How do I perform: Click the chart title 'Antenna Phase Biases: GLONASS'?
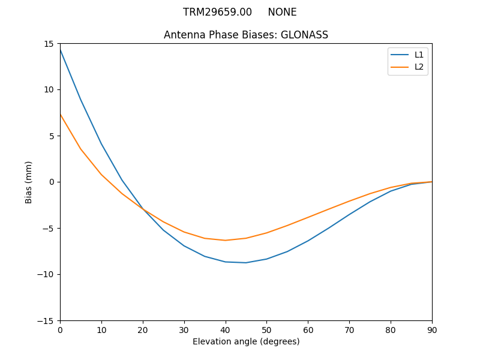tap(246, 35)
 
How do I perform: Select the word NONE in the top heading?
tap(282, 12)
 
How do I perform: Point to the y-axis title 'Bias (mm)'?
tap(29, 182)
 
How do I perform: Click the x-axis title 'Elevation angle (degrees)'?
tap(246, 341)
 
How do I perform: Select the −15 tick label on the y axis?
tap(46, 320)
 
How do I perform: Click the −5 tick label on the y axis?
tap(48, 228)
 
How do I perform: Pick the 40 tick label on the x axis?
tap(225, 330)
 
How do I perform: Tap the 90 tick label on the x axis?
tap(431, 330)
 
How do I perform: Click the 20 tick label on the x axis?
tap(143, 330)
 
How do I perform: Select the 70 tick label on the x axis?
tap(349, 330)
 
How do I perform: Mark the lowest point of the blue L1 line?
tap(246, 263)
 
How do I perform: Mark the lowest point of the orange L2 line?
tap(225, 241)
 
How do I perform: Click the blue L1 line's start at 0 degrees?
tap(60, 49)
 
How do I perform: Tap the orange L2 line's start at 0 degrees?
tap(60, 114)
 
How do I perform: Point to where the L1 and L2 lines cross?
tap(143, 209)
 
